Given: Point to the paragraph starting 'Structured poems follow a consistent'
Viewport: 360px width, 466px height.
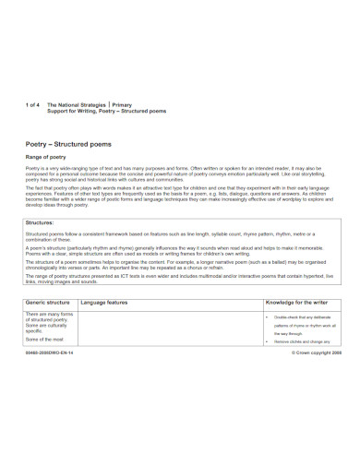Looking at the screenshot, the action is (175, 237).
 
